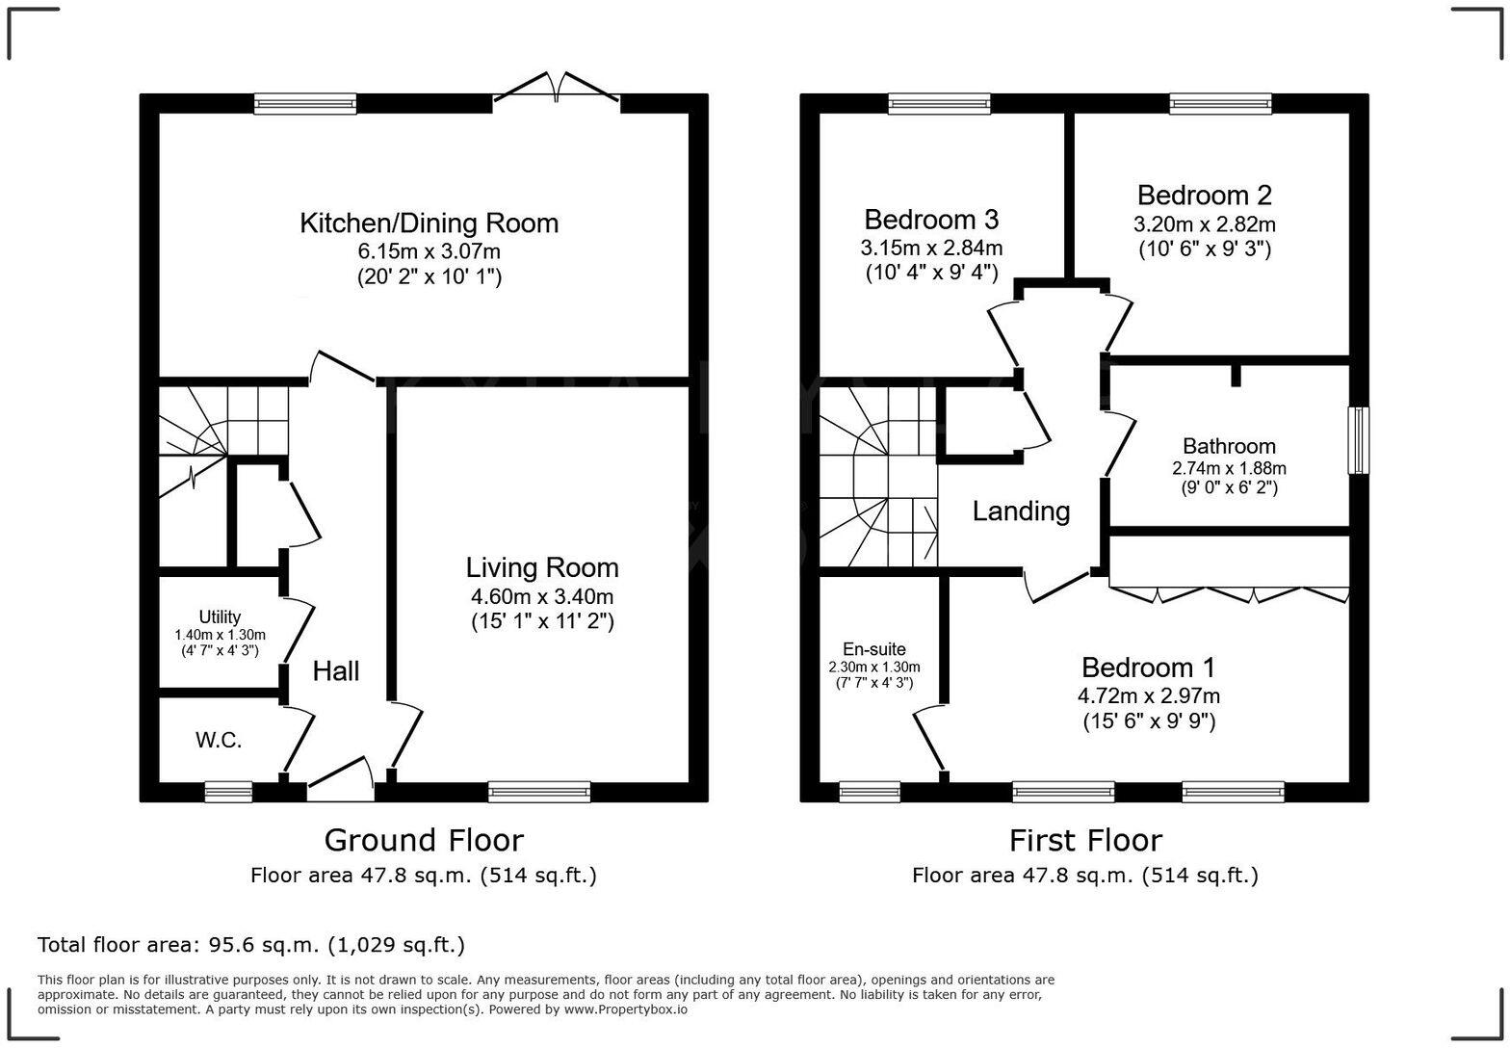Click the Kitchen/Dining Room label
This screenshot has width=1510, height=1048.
(x=429, y=223)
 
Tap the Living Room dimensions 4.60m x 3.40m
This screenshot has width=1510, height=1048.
(x=542, y=596)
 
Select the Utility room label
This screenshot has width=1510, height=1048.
(x=220, y=616)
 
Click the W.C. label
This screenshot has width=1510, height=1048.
(x=219, y=740)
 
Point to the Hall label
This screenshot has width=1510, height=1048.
(x=336, y=671)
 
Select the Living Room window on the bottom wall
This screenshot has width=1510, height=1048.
(x=539, y=792)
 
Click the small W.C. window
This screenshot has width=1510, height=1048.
(x=228, y=792)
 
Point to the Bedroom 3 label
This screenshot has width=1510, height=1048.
(x=931, y=219)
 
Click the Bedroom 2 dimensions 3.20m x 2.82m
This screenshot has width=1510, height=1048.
(x=1204, y=224)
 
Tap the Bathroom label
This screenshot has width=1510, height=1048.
(x=1229, y=446)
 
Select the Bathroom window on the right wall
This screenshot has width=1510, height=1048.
(x=1358, y=440)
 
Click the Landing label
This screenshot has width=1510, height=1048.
(x=1021, y=511)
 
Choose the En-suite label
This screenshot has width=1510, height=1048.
(x=873, y=649)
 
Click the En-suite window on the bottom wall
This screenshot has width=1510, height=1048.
(x=870, y=792)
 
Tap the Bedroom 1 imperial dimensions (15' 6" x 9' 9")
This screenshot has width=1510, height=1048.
(x=1148, y=720)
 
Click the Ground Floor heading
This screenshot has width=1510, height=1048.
(x=423, y=840)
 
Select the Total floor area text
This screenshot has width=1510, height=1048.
(x=251, y=945)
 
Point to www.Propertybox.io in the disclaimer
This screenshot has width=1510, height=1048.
(x=625, y=1009)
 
